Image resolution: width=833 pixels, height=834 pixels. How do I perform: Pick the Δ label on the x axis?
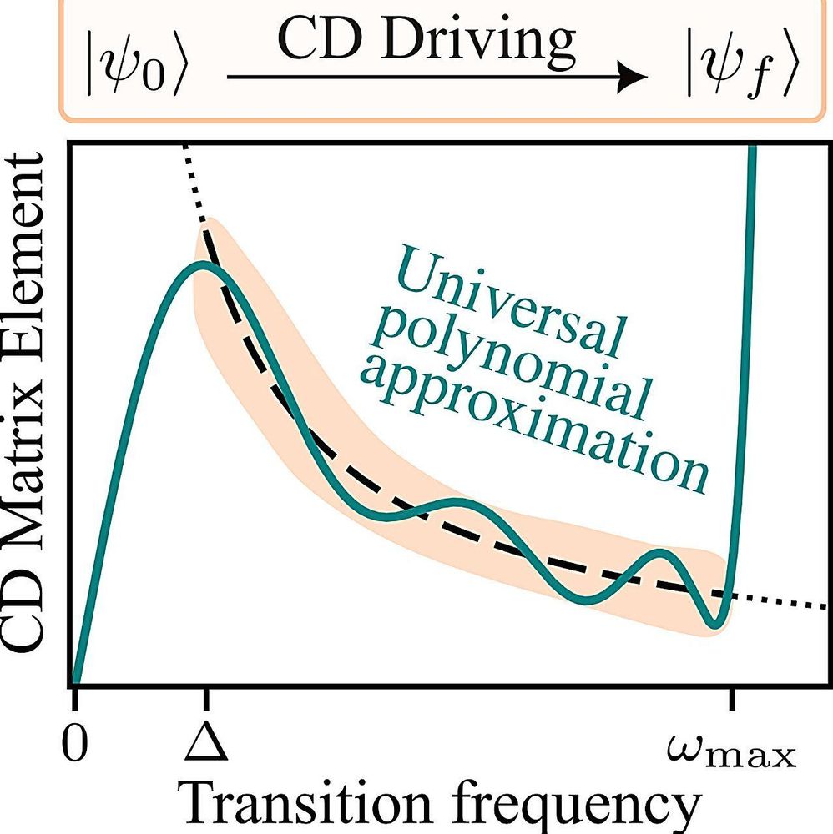pos(204,743)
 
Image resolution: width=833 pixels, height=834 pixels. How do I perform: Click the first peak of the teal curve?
pos(201,264)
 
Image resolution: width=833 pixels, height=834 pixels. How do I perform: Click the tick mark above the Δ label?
pos(204,697)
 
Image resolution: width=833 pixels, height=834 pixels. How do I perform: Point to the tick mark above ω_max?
pos(732,697)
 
